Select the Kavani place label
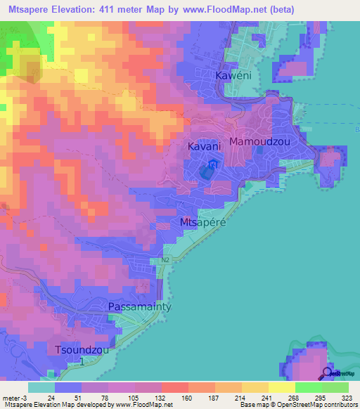point(205,146)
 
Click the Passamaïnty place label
point(140,307)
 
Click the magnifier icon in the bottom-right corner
point(328,373)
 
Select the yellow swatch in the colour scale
point(281,387)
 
